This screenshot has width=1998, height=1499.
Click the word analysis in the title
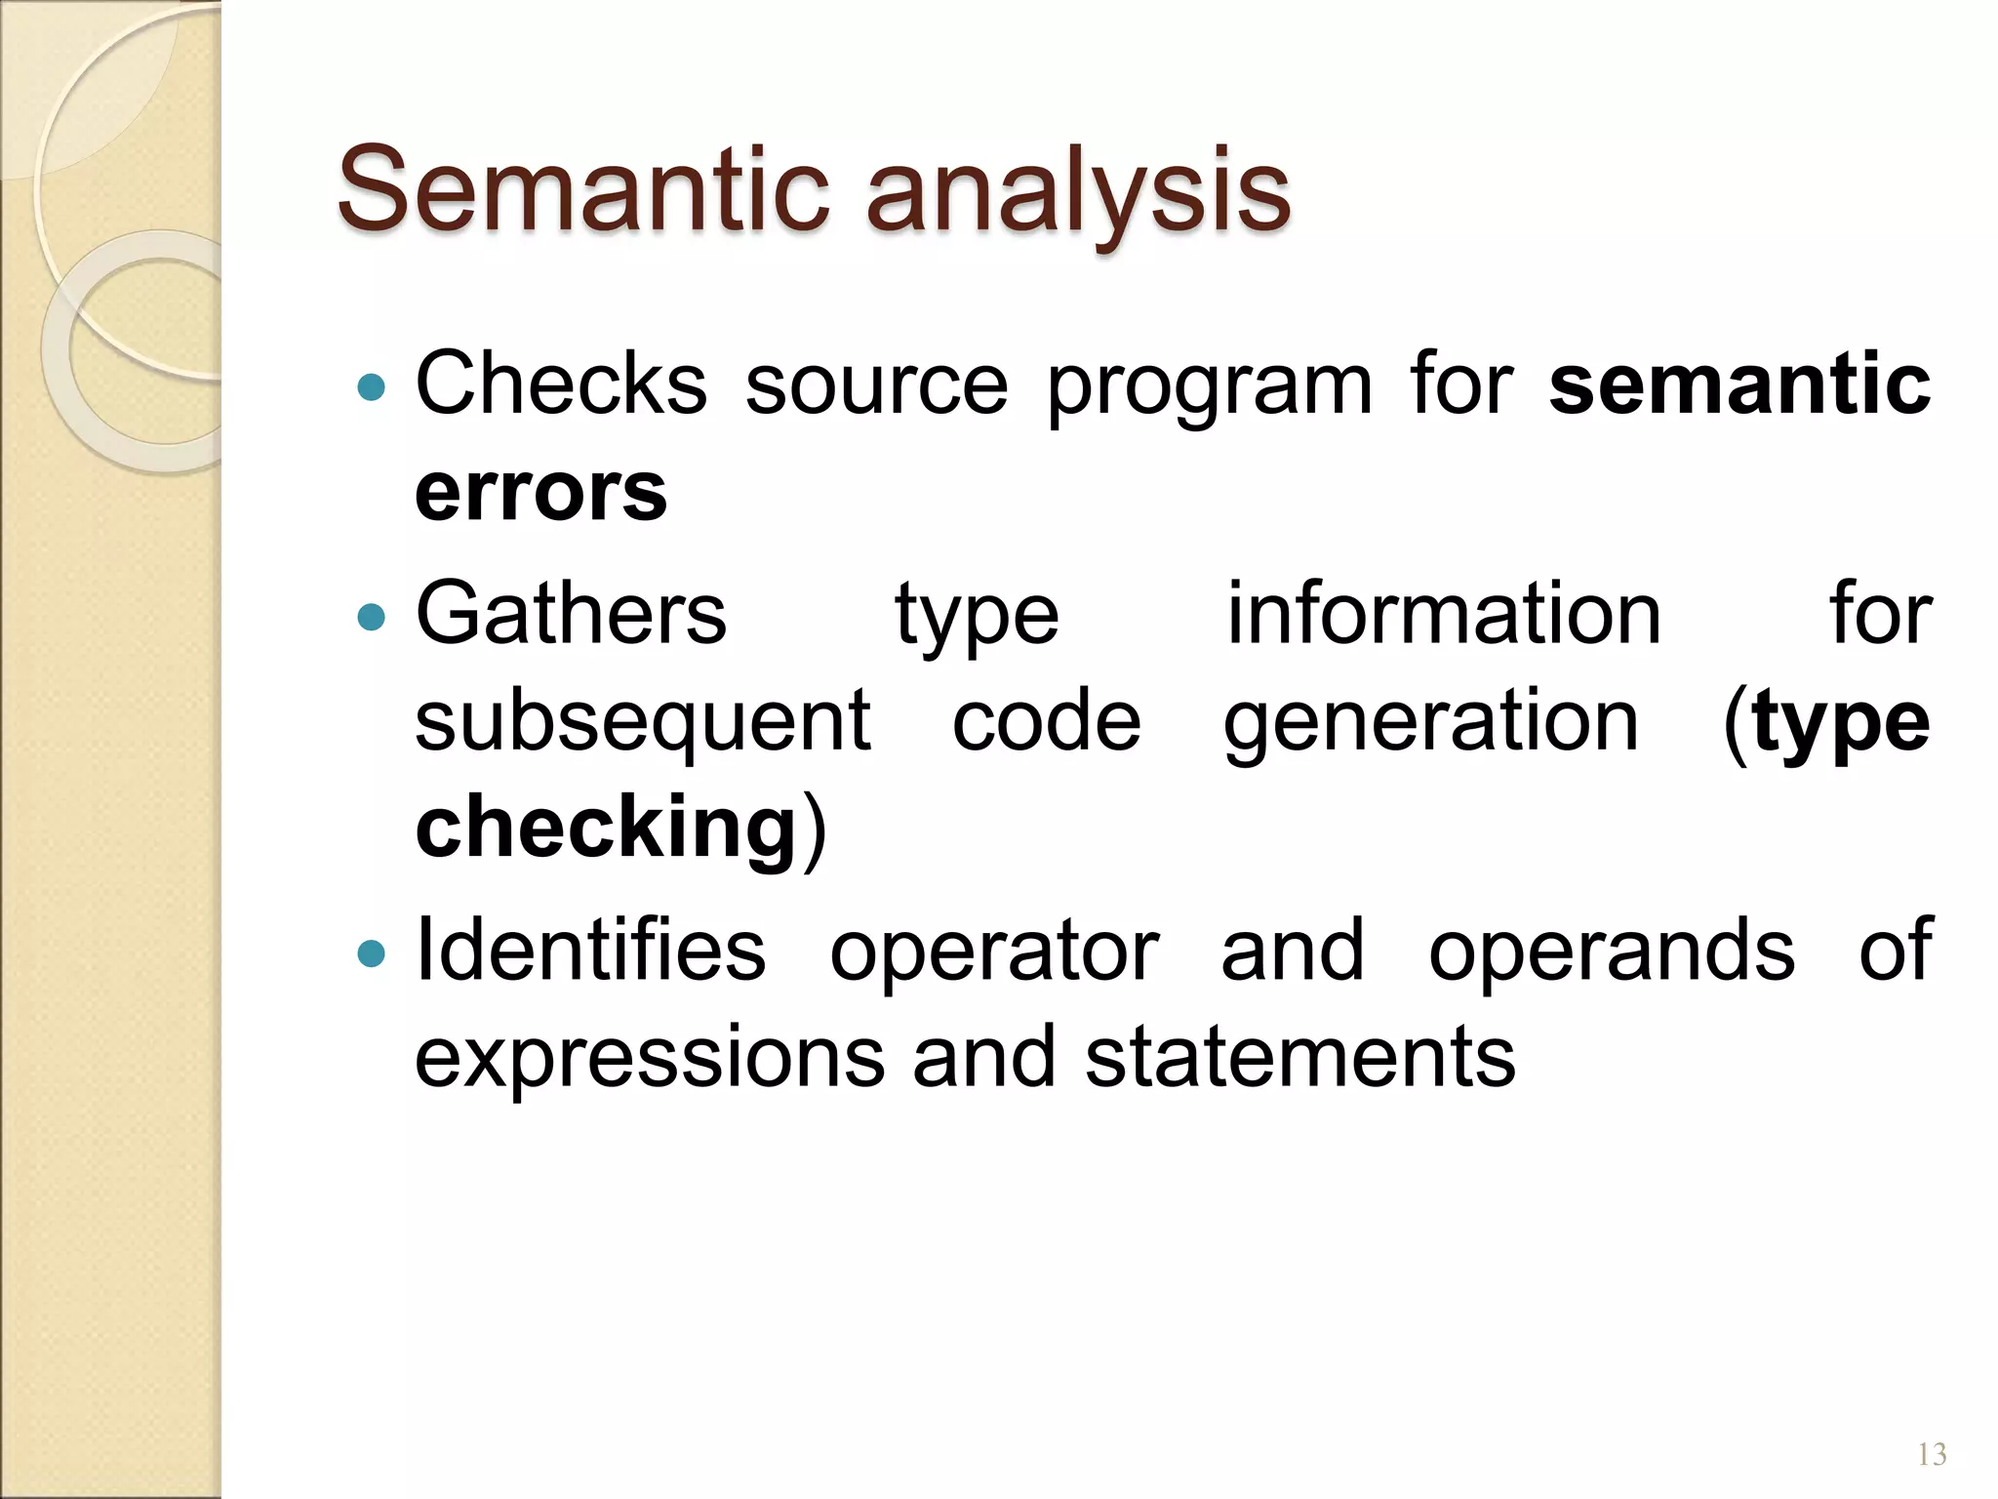1078,195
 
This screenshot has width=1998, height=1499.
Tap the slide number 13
1932,1455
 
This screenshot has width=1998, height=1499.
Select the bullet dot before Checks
372,388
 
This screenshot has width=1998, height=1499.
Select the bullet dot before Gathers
372,618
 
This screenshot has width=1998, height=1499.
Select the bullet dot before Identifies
372,953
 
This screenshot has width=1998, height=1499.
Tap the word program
1210,390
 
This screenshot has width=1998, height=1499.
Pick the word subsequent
643,725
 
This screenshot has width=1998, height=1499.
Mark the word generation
1431,725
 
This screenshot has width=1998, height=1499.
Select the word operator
994,953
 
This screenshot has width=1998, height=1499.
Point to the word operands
1612,953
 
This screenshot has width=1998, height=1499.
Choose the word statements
1300,1059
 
